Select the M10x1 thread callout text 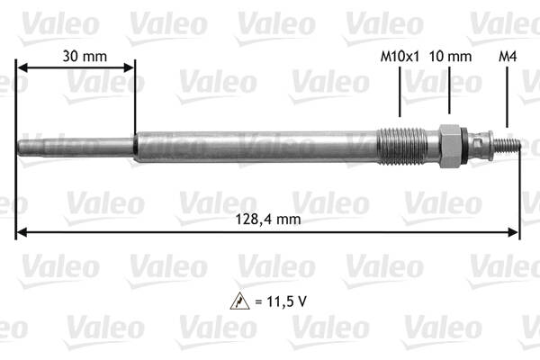coord(400,56)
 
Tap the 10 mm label coord(450,56)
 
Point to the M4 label coord(508,56)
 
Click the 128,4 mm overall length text coord(268,219)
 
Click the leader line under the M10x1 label coord(400,94)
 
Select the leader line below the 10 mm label coord(450,94)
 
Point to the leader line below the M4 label coord(508,99)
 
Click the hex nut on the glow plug coord(449,145)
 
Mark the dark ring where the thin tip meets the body coord(135,144)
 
